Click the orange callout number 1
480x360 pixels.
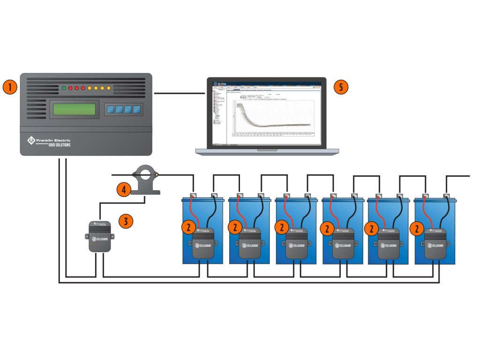point(10,87)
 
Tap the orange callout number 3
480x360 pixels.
point(126,221)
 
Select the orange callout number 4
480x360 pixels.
point(123,189)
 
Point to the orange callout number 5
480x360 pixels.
point(341,87)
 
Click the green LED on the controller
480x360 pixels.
point(64,88)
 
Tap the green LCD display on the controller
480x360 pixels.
point(74,109)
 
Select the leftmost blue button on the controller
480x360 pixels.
point(111,110)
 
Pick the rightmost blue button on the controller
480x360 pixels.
point(136,110)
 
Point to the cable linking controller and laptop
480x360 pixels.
point(180,94)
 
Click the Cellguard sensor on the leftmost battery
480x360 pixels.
point(203,243)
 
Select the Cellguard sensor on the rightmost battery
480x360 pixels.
point(435,243)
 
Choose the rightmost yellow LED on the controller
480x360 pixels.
point(109,88)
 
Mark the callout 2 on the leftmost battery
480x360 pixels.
point(187,228)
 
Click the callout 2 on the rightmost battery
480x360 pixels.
point(416,228)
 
